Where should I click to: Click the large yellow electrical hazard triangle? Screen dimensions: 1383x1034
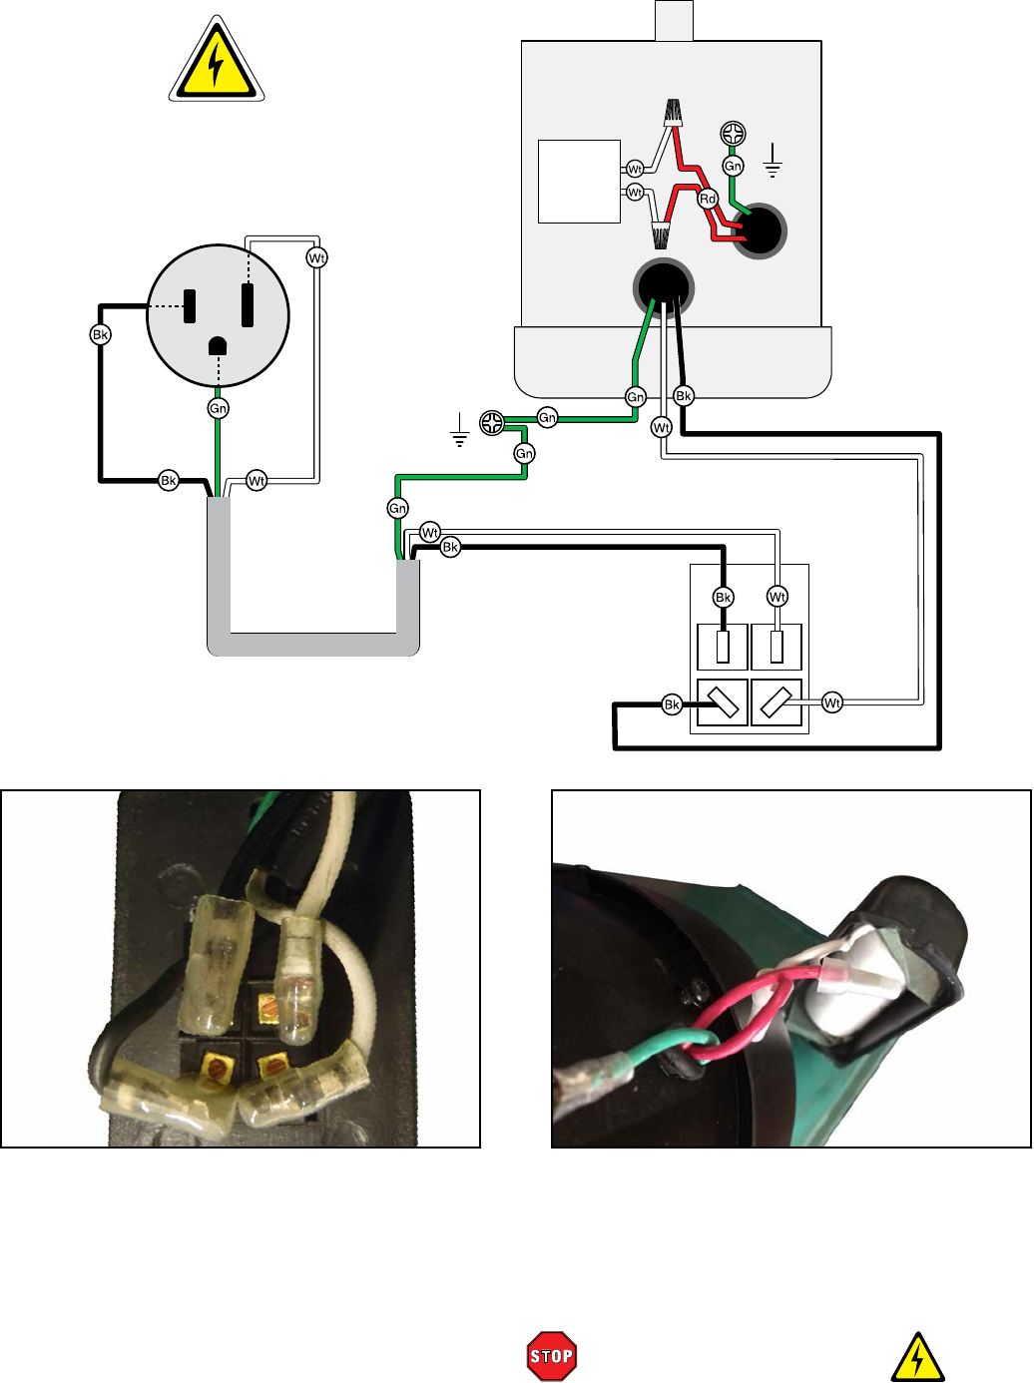click(x=216, y=62)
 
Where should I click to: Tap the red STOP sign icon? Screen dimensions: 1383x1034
click(x=552, y=1355)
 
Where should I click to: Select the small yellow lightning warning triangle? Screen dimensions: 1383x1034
click(x=917, y=1356)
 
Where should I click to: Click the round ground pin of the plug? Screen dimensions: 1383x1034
click(x=218, y=345)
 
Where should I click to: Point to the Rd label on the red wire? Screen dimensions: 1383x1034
click(x=708, y=199)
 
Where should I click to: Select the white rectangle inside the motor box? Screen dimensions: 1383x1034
click(x=579, y=182)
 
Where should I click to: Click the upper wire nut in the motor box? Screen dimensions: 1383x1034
click(x=674, y=113)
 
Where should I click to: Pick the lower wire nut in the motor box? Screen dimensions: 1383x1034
click(x=662, y=234)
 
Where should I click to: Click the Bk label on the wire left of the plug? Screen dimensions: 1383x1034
click(x=100, y=334)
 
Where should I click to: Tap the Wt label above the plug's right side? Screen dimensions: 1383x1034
click(x=316, y=257)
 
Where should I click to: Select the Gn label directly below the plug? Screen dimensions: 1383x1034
click(x=218, y=408)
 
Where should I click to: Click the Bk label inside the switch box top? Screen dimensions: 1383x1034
click(x=724, y=597)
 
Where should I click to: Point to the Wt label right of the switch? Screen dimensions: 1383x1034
click(x=832, y=703)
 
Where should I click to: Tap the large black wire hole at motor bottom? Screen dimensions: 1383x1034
click(x=663, y=288)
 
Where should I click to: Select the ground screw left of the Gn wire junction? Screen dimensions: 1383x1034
click(x=491, y=423)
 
